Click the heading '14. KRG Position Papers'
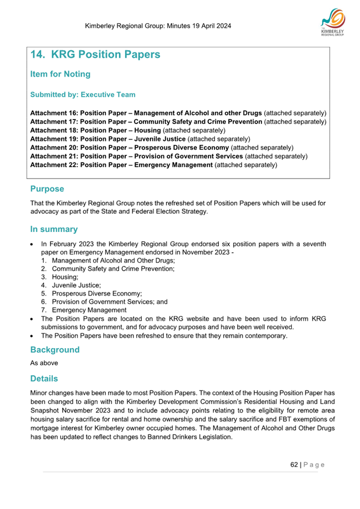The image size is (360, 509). click(95, 55)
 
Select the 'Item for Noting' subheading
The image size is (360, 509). click(60, 74)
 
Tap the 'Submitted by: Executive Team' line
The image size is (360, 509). click(83, 95)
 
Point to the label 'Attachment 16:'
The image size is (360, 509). click(54, 112)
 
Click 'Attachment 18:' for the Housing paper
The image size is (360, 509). click(54, 130)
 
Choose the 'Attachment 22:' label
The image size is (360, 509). click(54, 165)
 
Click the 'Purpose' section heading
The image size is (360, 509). click(47, 189)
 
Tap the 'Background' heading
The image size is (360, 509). click(55, 350)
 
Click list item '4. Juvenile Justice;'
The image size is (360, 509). click(71, 285)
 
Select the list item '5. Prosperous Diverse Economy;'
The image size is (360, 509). click(92, 294)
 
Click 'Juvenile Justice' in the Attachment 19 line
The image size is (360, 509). click(160, 139)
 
